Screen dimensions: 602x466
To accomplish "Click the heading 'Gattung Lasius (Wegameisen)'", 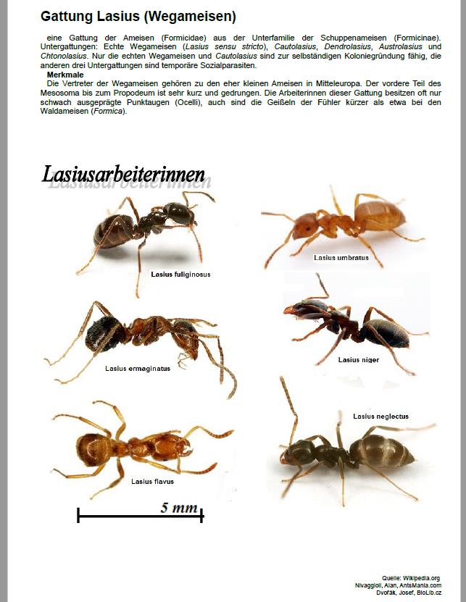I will [x=138, y=16].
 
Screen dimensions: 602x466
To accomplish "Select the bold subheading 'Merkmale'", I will [x=67, y=75].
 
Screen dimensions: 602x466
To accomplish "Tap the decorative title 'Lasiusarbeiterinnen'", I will [x=123, y=175].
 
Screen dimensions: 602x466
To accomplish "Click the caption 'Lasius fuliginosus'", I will [x=180, y=275].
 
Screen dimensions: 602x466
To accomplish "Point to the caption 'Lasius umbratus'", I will [x=340, y=257].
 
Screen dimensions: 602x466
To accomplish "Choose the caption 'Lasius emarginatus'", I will [x=138, y=368].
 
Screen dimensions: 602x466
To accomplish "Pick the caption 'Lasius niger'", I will [x=358, y=359].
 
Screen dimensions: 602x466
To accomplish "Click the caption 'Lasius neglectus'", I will [x=380, y=417].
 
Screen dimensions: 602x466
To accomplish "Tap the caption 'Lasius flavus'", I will [x=152, y=481].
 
